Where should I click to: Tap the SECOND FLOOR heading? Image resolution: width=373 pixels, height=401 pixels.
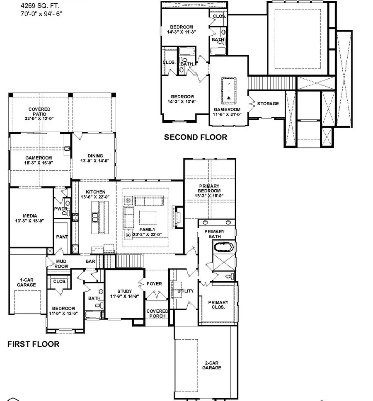point(196,137)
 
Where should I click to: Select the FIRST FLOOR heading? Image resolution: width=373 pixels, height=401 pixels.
point(34,344)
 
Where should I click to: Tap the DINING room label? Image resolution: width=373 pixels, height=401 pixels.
point(95,158)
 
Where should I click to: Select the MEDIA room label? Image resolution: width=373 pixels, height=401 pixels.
point(30,218)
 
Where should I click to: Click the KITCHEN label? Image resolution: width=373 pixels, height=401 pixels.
point(95,194)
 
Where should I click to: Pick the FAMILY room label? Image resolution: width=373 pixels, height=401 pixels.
point(147,232)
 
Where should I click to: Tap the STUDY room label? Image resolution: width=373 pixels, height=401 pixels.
point(124,294)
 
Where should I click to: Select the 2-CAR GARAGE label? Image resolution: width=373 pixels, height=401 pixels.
point(212,365)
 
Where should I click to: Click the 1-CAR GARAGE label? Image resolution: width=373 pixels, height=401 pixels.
point(26,282)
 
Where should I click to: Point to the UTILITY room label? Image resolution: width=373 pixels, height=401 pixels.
point(185,291)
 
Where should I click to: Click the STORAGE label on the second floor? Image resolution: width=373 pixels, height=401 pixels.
point(268,104)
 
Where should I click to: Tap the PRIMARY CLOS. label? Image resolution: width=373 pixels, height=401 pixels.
point(218,304)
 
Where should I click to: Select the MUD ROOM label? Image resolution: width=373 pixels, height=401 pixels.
point(62,264)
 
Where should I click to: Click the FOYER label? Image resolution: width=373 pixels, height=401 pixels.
point(154,284)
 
